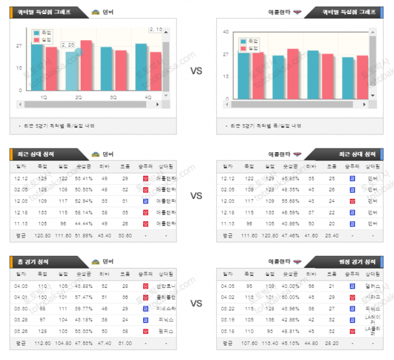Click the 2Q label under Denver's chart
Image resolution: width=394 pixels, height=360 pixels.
[x=79, y=97]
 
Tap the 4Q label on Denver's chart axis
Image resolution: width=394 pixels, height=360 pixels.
[x=149, y=97]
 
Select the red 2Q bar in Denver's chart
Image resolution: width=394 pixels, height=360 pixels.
[x=86, y=65]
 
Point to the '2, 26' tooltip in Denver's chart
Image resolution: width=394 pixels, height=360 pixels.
[x=68, y=45]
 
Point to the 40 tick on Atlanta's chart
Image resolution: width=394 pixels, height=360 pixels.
[x=225, y=32]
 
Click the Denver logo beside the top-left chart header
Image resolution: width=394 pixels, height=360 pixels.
[x=96, y=12]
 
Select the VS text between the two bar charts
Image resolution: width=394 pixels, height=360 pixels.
[x=196, y=71]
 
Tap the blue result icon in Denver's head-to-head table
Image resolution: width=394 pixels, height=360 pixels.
[x=145, y=201]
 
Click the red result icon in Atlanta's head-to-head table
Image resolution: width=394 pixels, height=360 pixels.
[x=352, y=201]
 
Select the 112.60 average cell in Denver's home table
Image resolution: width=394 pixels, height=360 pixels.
[x=43, y=343]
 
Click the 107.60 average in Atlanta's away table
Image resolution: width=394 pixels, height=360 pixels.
[x=249, y=343]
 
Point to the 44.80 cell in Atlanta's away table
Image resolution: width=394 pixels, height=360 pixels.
[x=311, y=343]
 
